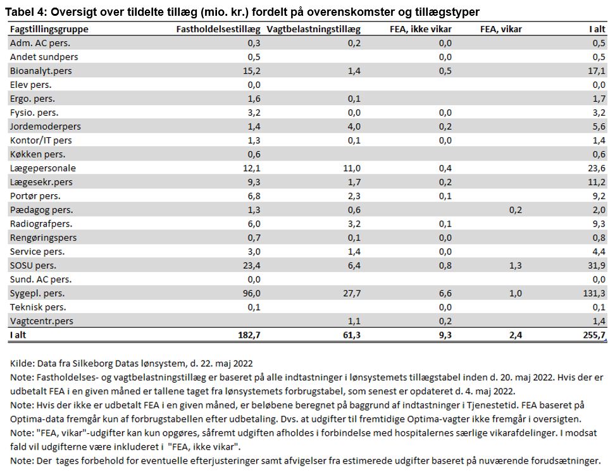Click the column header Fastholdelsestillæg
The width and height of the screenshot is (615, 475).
pyautogui.click(x=218, y=30)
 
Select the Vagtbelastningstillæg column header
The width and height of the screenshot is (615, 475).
pyautogui.click(x=313, y=30)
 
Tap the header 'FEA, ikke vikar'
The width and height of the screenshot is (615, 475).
pyautogui.click(x=421, y=30)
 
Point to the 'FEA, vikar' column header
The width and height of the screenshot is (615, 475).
pyautogui.click(x=501, y=30)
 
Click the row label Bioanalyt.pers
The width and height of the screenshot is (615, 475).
pyautogui.click(x=40, y=71)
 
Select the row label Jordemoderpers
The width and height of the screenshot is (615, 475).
pyautogui.click(x=45, y=126)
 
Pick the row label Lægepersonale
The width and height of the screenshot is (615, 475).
pyautogui.click(x=43, y=168)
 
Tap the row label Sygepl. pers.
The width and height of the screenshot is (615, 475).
pyautogui.click(x=37, y=293)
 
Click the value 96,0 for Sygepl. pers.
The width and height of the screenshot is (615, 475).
pyautogui.click(x=251, y=293)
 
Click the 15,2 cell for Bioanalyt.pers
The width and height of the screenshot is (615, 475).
pyautogui.click(x=251, y=71)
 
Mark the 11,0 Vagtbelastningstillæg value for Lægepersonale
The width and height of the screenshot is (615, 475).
pyautogui.click(x=352, y=168)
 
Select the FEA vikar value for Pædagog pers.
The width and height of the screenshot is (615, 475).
pyautogui.click(x=516, y=210)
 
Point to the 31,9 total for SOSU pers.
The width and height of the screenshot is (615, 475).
pyautogui.click(x=597, y=266)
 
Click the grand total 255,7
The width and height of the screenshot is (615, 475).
pyautogui.click(x=594, y=335)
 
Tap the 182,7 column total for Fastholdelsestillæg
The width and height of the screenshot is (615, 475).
pyautogui.click(x=249, y=335)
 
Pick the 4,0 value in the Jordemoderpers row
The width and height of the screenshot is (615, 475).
pyautogui.click(x=354, y=126)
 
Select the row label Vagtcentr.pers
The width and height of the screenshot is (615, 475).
pyautogui.click(x=42, y=321)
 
